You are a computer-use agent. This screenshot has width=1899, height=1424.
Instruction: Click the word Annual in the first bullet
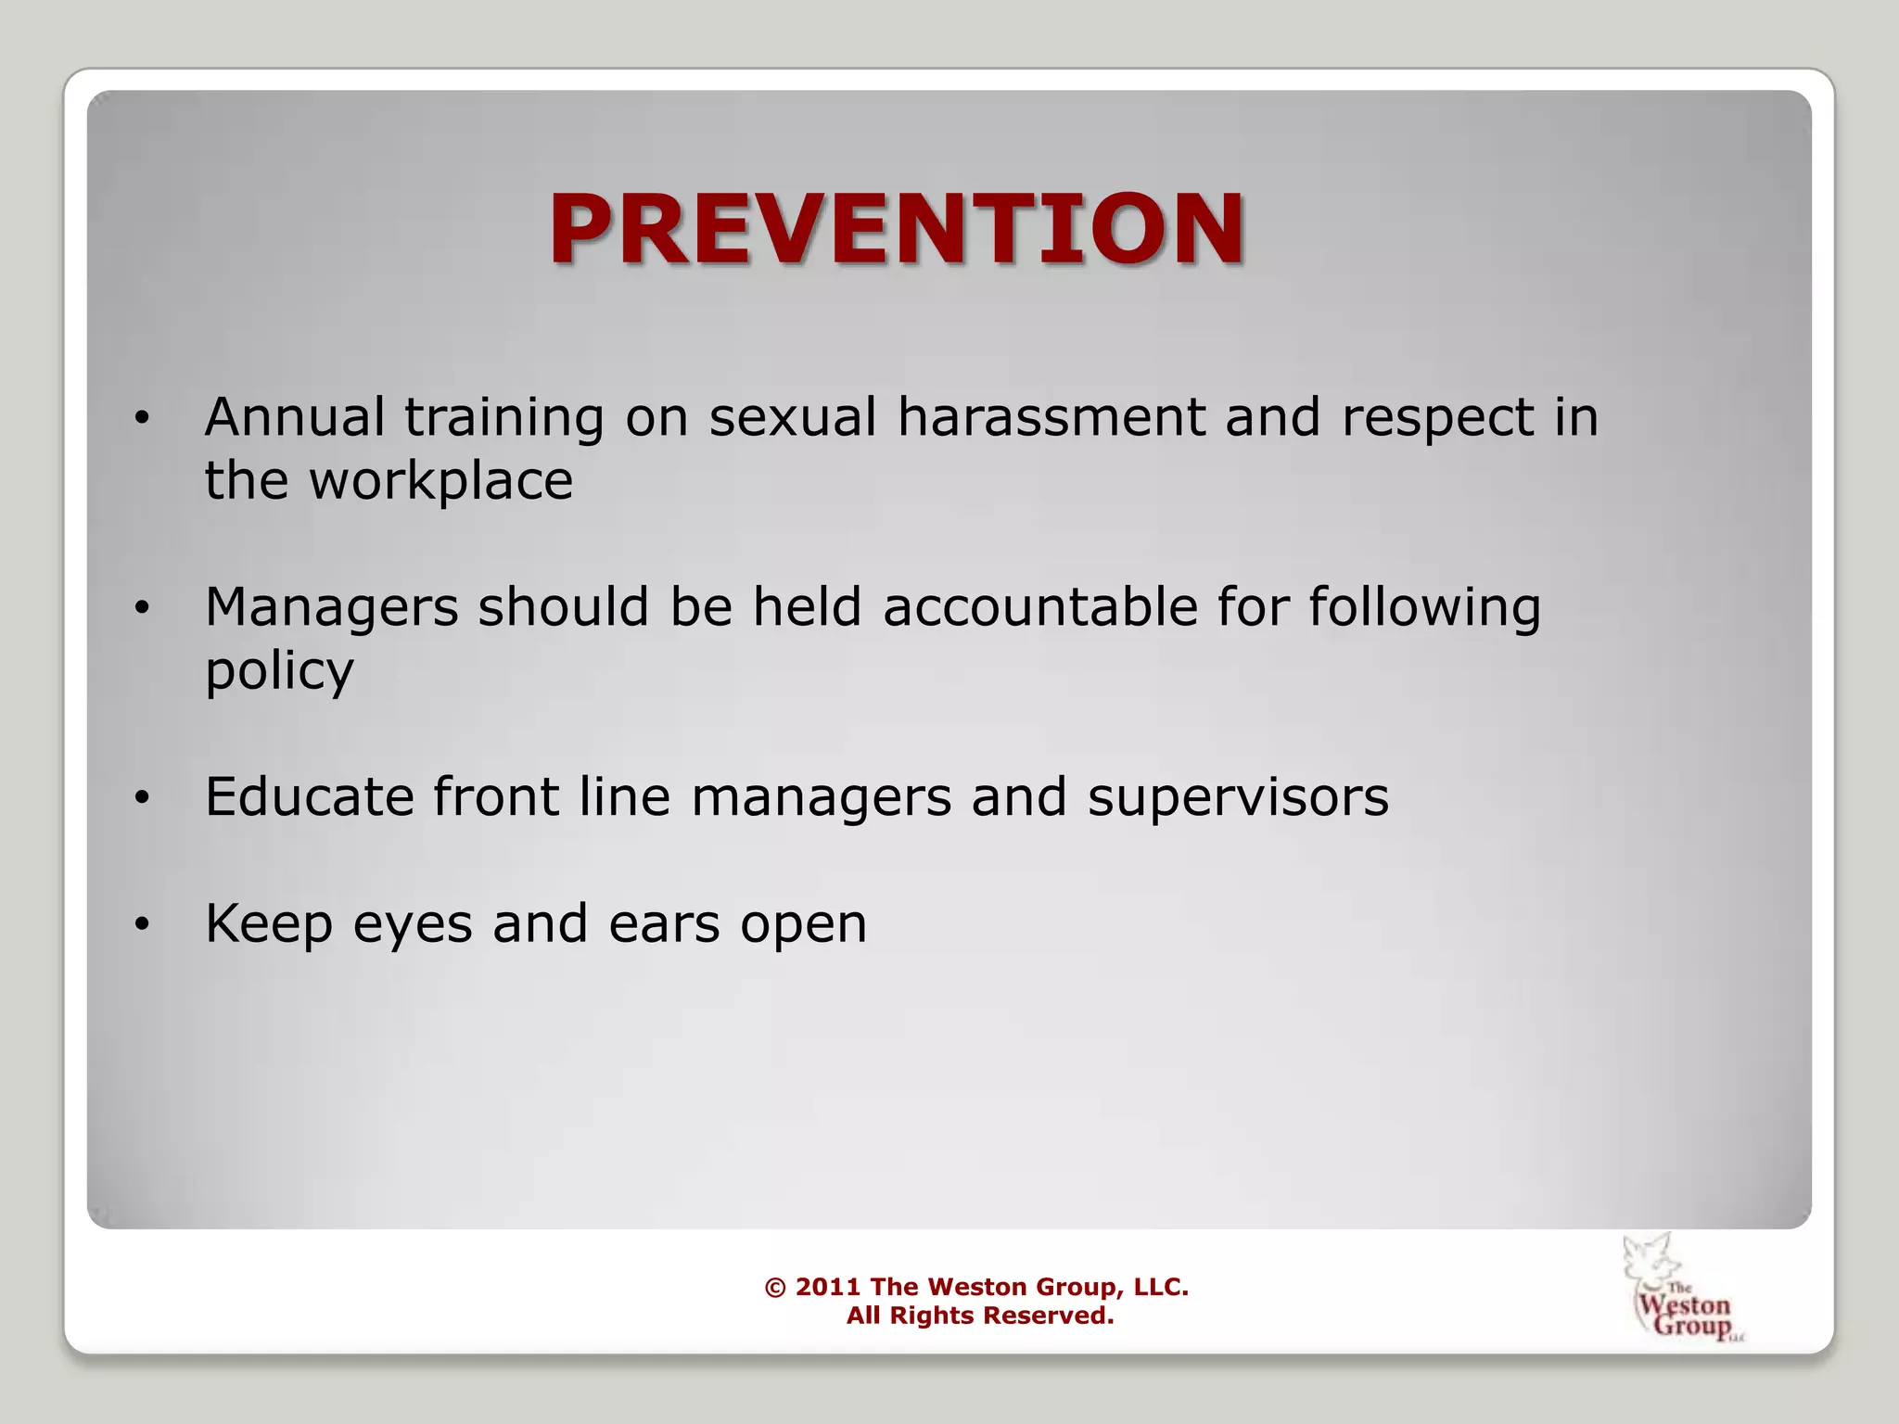click(294, 416)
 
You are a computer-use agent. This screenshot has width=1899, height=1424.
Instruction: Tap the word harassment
click(1050, 416)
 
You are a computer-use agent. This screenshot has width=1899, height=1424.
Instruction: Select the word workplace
click(440, 481)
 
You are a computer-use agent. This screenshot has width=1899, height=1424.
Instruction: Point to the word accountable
click(1040, 607)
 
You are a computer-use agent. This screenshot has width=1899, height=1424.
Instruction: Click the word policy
click(279, 672)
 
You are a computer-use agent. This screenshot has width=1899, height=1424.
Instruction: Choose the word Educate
click(309, 796)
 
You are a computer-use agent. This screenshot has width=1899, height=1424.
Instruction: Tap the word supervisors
click(1238, 796)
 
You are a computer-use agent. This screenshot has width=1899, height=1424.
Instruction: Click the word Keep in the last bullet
click(268, 923)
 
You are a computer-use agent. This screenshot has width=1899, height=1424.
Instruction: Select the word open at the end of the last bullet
click(803, 925)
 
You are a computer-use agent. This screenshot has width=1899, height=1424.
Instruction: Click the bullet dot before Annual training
click(141, 419)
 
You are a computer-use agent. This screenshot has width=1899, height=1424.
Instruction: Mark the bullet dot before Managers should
click(141, 609)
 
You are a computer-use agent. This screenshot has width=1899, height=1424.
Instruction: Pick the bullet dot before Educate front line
click(141, 798)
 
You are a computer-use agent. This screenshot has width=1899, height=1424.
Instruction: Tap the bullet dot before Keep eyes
click(141, 925)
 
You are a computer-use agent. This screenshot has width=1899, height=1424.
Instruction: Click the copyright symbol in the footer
click(775, 1288)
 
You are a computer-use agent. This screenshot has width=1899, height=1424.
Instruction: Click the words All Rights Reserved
click(979, 1316)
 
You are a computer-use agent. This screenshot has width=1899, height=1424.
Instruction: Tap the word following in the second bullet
click(1424, 609)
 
